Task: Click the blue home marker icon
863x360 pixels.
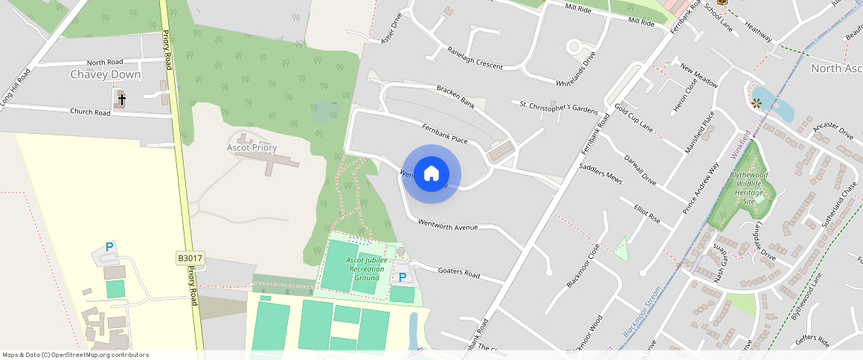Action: [431, 174]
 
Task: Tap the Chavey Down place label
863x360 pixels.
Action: [105, 74]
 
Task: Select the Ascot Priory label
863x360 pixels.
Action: [251, 147]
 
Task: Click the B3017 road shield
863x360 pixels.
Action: [190, 258]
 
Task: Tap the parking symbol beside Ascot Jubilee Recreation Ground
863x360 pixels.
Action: [402, 277]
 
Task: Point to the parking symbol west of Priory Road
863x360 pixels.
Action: [109, 247]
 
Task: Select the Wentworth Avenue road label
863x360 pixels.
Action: [447, 225]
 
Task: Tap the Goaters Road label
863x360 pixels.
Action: [459, 272]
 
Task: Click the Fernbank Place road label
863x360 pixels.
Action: [444, 133]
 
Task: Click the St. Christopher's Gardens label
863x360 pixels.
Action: [558, 107]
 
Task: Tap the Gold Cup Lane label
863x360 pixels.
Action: [634, 119]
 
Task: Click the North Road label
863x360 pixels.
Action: [105, 62]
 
